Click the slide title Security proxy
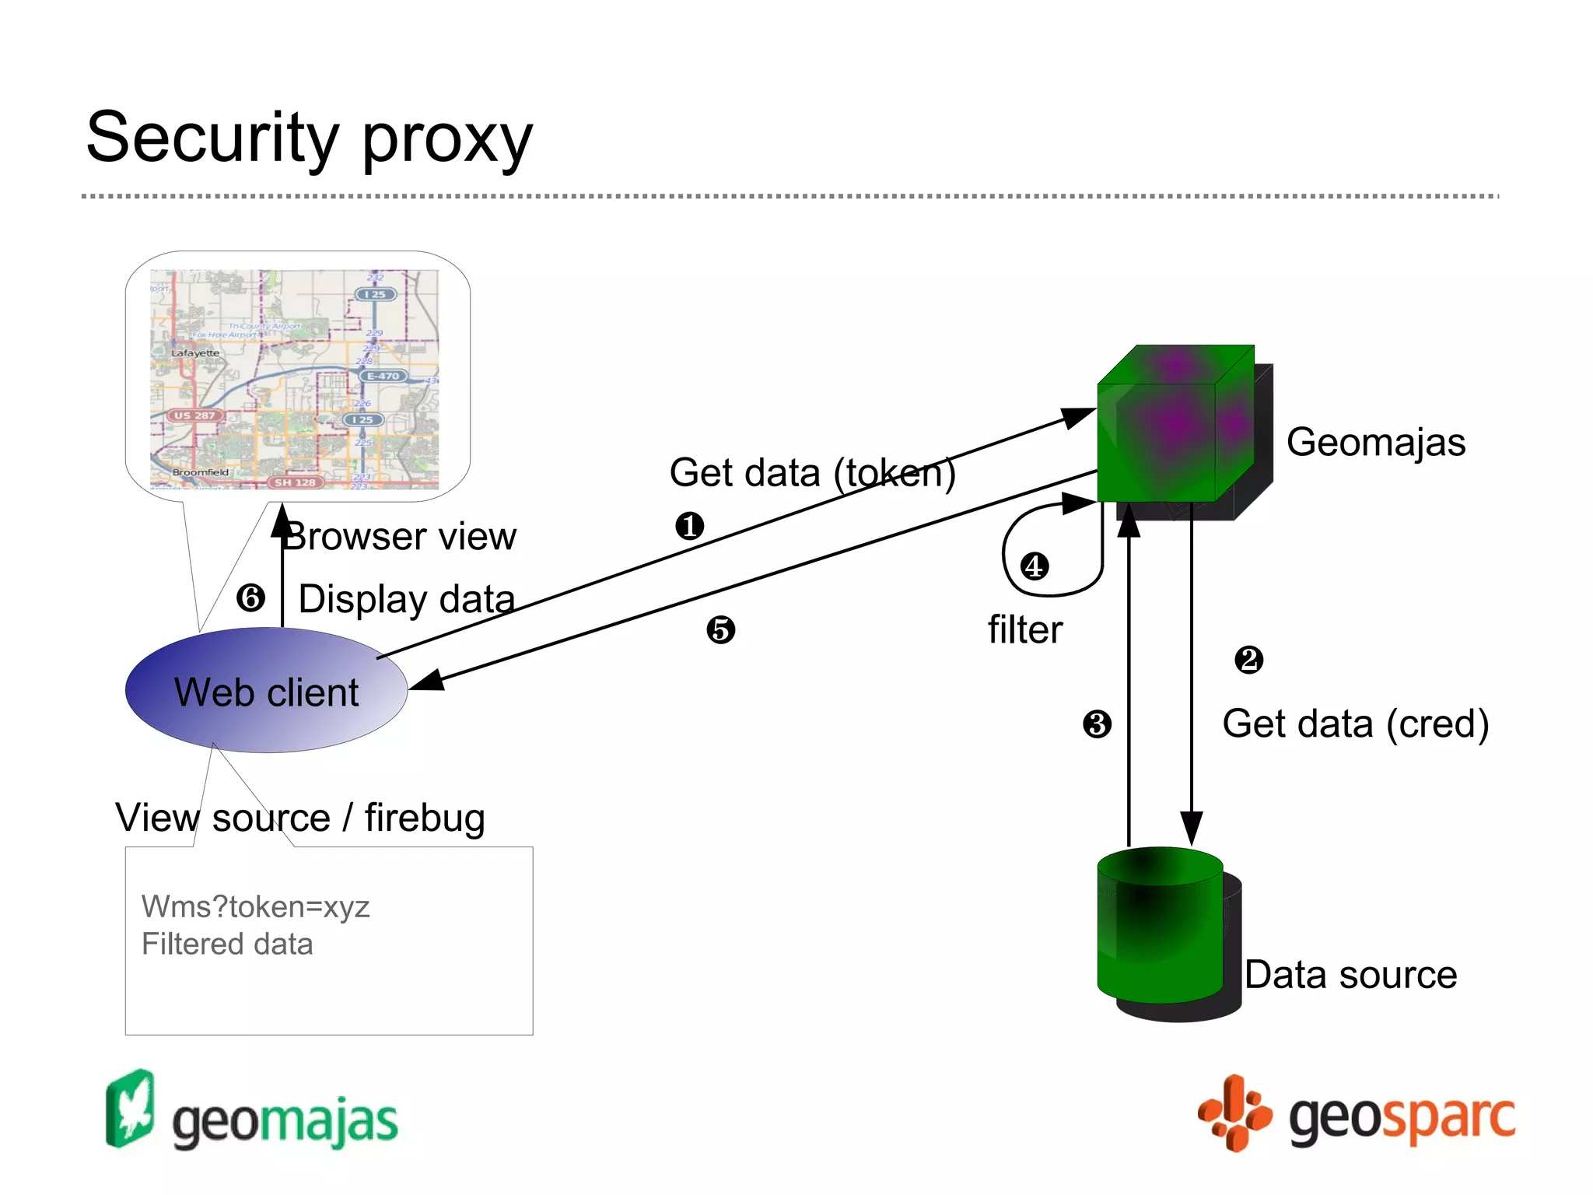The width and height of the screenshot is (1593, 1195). point(310,138)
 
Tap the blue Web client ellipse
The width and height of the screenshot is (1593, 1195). point(266,691)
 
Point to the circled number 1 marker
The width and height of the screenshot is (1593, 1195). point(689,526)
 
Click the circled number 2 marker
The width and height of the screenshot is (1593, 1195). point(1249,660)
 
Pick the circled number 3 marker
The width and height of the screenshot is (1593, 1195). point(1097,724)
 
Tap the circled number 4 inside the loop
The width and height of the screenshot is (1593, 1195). point(1035,566)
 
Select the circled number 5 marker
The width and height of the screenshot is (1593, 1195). point(720,629)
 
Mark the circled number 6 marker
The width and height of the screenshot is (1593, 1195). point(250,597)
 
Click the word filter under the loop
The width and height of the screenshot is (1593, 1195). point(1024,629)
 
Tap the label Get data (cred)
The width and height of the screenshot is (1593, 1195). point(1355,724)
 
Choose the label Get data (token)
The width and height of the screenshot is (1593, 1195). point(812,473)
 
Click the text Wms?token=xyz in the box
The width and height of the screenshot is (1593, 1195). point(255,907)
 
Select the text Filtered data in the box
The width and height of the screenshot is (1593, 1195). point(227,944)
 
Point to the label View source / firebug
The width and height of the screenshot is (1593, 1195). point(300,818)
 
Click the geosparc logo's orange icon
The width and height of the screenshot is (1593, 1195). point(1234,1113)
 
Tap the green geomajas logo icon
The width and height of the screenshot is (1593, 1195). point(130,1108)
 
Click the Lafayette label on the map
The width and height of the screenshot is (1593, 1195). point(195,353)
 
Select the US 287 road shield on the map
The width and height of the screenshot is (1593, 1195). point(194,415)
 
